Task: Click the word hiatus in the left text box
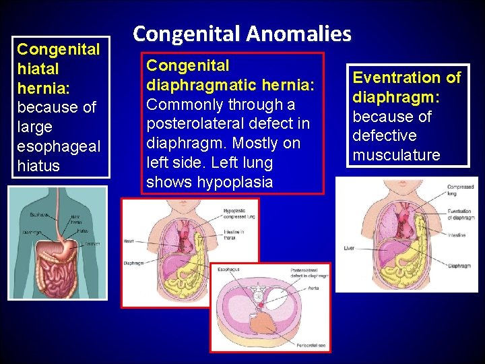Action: click(38, 166)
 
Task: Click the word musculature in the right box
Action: click(396, 155)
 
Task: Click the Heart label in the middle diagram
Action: click(129, 241)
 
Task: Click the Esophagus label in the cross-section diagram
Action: click(228, 268)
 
